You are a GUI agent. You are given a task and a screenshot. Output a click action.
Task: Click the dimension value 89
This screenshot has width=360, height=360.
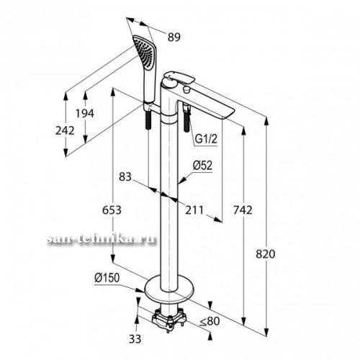pyautogui.click(x=174, y=37)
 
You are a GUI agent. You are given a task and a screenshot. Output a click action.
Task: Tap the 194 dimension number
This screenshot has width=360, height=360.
pyautogui.click(x=85, y=113)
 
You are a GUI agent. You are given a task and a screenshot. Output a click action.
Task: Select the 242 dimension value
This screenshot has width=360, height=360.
pyautogui.click(x=65, y=130)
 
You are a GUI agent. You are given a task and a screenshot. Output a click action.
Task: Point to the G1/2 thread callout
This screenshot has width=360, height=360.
pyautogui.click(x=206, y=139)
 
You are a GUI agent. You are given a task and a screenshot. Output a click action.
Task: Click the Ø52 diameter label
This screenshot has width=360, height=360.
pyautogui.click(x=202, y=166)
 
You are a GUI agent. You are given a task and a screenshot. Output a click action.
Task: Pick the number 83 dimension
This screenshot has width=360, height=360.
pyautogui.click(x=125, y=177)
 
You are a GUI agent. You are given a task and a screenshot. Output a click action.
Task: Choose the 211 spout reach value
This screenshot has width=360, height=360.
pyautogui.click(x=194, y=210)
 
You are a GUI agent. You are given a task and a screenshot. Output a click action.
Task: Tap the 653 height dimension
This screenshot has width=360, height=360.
pyautogui.click(x=112, y=210)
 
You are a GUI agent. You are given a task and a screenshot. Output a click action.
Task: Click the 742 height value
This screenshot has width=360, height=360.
pyautogui.click(x=243, y=210)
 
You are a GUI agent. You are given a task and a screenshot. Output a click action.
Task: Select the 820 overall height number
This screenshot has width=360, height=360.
pyautogui.click(x=266, y=254)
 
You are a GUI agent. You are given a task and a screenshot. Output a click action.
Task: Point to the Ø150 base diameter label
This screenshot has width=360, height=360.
pyautogui.click(x=107, y=278)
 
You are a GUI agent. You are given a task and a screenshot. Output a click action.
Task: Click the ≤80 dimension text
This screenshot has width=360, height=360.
pyautogui.click(x=210, y=321)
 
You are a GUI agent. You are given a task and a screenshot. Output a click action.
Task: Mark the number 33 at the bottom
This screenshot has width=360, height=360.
pyautogui.click(x=135, y=339)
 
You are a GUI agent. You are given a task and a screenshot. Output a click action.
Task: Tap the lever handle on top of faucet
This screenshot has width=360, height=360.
pyautogui.click(x=178, y=77)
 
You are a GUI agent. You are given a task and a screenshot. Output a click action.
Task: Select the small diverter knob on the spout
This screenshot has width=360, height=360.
pyautogui.click(x=186, y=90)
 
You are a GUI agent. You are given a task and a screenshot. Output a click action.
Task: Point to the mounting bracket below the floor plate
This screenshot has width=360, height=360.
pyautogui.click(x=169, y=318)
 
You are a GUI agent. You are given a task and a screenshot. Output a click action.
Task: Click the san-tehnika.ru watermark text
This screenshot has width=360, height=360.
pyautogui.click(x=102, y=240)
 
